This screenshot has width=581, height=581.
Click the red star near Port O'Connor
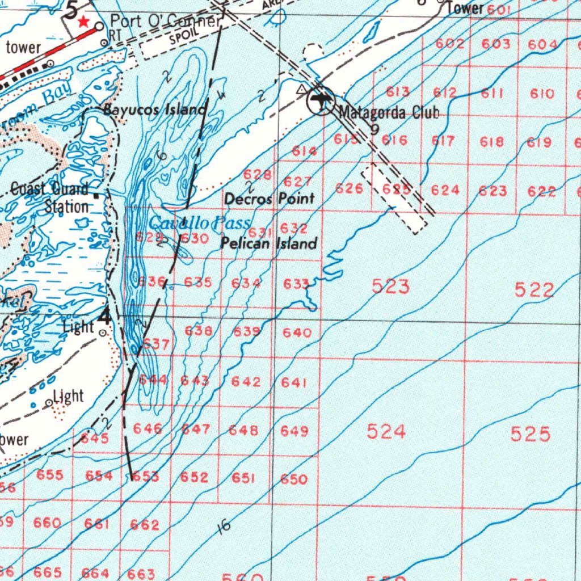[84, 22]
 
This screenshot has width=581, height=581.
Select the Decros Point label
[270, 199]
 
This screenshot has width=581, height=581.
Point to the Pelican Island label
[268, 244]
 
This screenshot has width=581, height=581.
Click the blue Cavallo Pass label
[200, 222]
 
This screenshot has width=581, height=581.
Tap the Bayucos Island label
[154, 110]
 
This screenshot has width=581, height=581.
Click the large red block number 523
[391, 287]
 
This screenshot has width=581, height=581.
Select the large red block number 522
[534, 290]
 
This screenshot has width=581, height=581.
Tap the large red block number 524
[386, 432]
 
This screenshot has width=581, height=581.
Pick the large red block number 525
[530, 435]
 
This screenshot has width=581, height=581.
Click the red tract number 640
[297, 332]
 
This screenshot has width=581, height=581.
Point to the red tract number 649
[294, 431]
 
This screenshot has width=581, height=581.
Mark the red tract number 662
[145, 525]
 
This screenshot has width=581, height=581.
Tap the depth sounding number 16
[224, 527]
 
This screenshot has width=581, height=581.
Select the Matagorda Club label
[389, 112]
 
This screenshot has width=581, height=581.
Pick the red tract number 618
[492, 142]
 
